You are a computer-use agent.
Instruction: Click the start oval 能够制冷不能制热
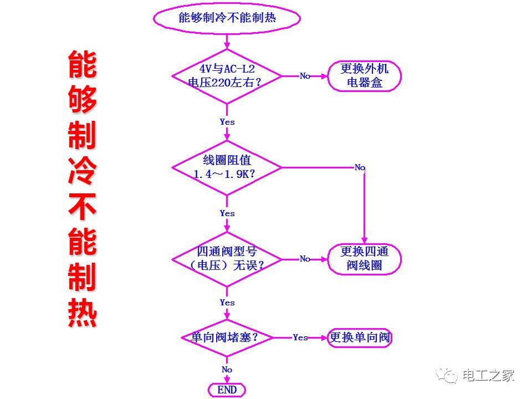tap(227, 18)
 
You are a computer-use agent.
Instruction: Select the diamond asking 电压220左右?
tap(227, 76)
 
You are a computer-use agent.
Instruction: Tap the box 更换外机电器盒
tap(364, 76)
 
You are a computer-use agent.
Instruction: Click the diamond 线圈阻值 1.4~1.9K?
tap(227, 167)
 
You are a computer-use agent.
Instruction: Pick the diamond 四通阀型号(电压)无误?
tap(227, 259)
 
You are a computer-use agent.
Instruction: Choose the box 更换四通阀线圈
tap(364, 259)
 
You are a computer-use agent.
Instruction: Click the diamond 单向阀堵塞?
tap(227, 337)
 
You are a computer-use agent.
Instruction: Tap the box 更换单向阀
tap(360, 337)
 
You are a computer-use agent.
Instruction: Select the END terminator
tap(227, 390)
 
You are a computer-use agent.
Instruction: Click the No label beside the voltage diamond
tap(305, 76)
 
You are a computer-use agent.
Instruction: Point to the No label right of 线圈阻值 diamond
tap(360, 167)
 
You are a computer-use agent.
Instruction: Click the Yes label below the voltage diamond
tap(227, 122)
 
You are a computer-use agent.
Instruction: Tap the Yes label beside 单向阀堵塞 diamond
tap(300, 337)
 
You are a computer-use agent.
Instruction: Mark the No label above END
tap(227, 370)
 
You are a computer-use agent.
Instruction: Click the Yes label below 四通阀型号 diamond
tap(227, 303)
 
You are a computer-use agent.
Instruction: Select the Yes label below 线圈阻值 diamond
tap(227, 213)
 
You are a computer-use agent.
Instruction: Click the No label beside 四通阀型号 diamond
tap(305, 259)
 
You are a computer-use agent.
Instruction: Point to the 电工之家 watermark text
tap(488, 375)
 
